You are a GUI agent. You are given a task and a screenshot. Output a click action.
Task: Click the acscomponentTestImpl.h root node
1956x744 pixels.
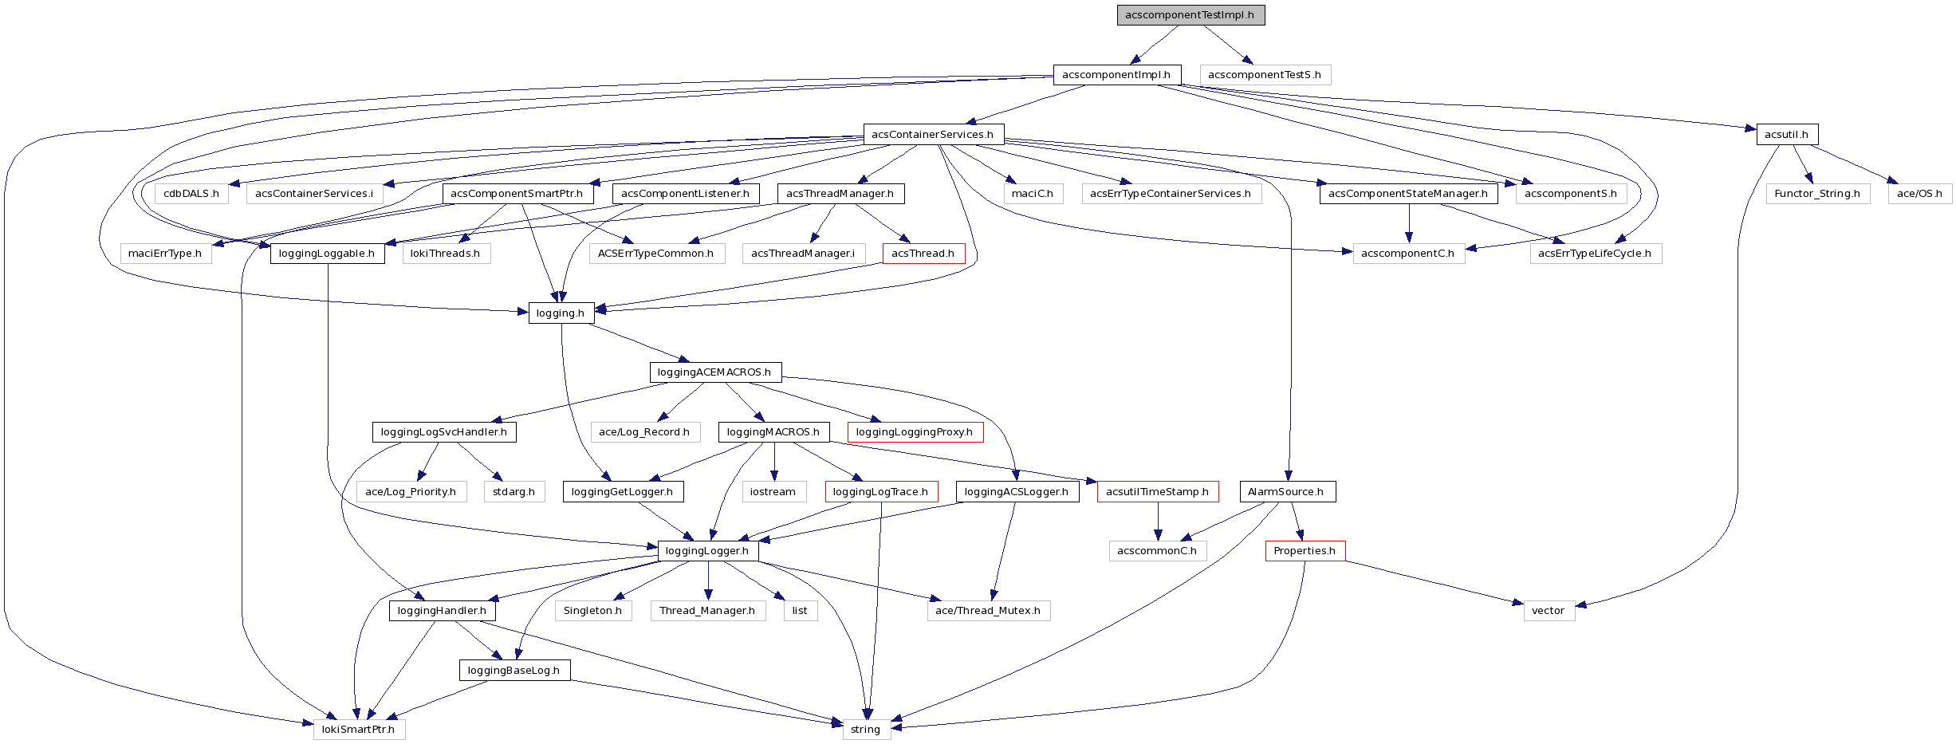coord(1190,15)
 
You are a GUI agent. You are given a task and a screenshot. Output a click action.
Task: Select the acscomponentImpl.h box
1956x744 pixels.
coord(1116,75)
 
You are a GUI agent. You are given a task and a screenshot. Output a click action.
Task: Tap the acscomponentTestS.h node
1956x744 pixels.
coord(1265,75)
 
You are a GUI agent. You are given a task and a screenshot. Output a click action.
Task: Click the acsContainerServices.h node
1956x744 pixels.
coord(933,135)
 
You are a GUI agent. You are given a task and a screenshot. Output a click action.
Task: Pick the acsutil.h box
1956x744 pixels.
coord(1786,135)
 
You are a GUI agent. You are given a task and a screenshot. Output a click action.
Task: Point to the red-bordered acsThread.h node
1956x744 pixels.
coord(923,254)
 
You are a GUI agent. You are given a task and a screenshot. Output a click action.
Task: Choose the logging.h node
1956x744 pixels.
coord(561,313)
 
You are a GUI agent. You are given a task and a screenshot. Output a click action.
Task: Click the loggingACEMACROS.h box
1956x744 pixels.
coord(714,372)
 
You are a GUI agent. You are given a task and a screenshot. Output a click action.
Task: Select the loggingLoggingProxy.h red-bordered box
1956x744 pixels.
coord(915,432)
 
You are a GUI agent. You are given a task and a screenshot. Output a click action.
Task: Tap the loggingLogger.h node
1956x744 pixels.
coord(707,551)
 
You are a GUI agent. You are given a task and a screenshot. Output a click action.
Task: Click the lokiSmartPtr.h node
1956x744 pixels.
coord(359,730)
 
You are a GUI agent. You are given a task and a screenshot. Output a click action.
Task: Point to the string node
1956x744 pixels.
coord(866,730)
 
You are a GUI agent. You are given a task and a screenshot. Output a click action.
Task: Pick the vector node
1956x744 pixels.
coord(1549,611)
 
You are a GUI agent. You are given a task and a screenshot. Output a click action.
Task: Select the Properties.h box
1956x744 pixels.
coord(1305,551)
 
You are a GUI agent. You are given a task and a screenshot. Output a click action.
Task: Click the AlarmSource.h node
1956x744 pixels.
coord(1286,492)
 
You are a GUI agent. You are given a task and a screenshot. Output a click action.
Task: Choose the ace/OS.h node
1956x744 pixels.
coord(1919,194)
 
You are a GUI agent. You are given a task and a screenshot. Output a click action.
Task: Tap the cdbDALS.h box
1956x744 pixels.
coord(191,194)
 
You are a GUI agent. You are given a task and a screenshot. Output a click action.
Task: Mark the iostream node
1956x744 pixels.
coord(773,492)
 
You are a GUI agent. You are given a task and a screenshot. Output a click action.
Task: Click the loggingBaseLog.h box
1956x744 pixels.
coord(514,671)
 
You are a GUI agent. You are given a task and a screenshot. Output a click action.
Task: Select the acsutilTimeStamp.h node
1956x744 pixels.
coord(1157,492)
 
